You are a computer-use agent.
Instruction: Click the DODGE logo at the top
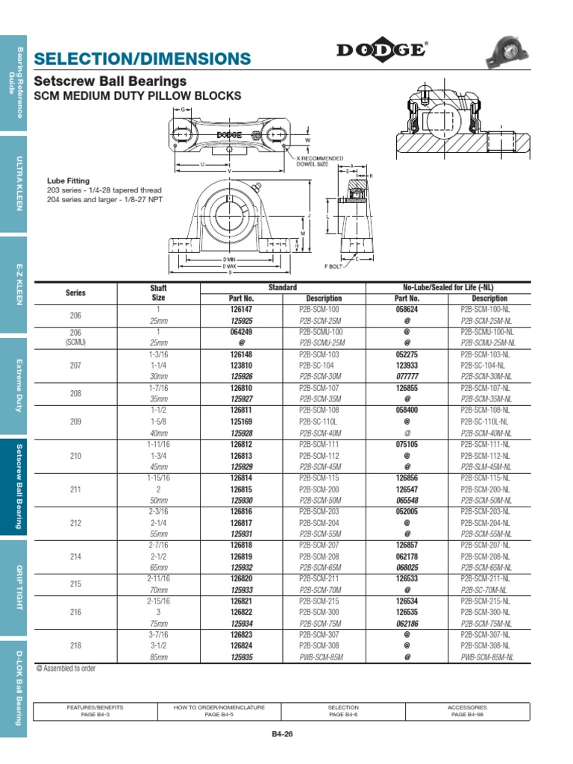point(381,50)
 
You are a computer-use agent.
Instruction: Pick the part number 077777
point(407,377)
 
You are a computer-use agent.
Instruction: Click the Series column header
point(75,293)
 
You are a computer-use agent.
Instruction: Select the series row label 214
point(75,557)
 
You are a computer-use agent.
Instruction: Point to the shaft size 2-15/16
point(158,601)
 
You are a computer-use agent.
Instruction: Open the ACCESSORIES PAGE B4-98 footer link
point(467,710)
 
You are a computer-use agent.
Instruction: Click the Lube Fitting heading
point(68,181)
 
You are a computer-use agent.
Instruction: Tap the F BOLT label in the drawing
point(333,265)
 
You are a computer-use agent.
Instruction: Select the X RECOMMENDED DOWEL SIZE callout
point(319,161)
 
